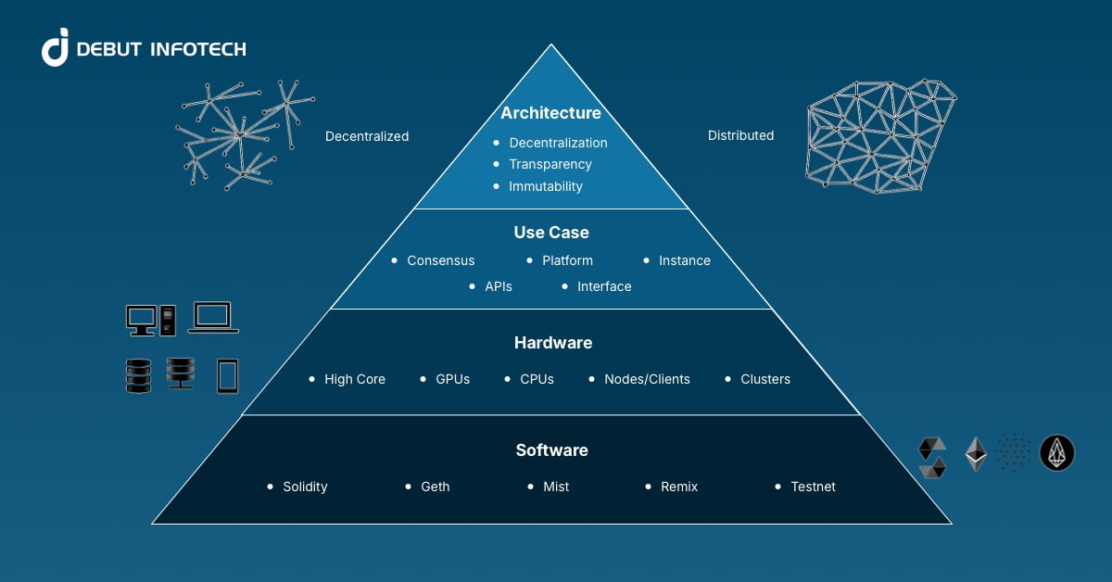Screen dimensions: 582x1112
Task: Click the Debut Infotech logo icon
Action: tap(56, 47)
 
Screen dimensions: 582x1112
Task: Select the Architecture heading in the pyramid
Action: tap(550, 113)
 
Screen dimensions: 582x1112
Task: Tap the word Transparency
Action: tap(550, 164)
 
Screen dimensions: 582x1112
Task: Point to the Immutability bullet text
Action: tap(545, 186)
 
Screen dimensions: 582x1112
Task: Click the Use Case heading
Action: tap(551, 232)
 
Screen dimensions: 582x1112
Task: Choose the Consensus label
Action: tap(440, 260)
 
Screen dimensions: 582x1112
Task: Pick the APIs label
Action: tap(498, 286)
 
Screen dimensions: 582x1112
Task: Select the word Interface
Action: tap(604, 286)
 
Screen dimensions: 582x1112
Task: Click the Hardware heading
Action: tap(552, 343)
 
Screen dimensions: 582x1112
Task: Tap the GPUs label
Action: tap(452, 379)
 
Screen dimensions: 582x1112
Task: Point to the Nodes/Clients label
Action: tap(647, 379)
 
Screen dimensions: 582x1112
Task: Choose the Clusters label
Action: tap(765, 379)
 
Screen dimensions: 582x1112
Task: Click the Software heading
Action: tap(551, 450)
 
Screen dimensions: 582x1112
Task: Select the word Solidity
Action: tap(305, 487)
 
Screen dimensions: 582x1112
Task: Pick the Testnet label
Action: tap(813, 487)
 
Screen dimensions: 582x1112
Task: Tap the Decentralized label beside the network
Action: tap(367, 136)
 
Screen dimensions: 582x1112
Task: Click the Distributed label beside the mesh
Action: tap(740, 135)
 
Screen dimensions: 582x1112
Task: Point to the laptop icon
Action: tap(213, 317)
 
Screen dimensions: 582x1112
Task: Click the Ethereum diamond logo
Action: tap(976, 453)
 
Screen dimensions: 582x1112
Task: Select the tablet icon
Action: tap(227, 375)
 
